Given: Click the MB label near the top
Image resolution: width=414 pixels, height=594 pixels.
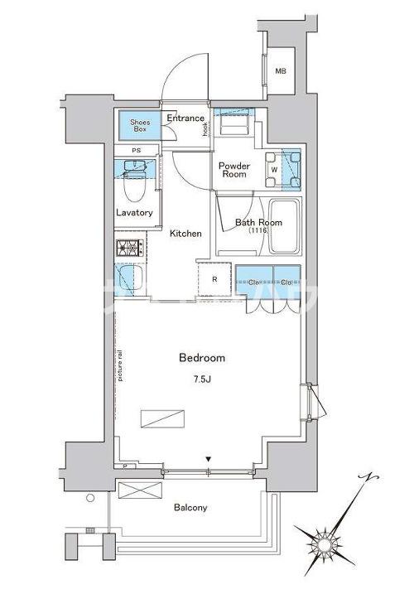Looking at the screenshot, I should click(x=282, y=71).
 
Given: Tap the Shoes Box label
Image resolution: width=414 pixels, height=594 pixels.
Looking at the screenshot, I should click(x=140, y=126).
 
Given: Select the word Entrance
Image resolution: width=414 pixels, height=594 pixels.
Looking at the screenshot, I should click(x=185, y=118).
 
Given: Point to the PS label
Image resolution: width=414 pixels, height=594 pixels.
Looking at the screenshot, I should click(x=137, y=151).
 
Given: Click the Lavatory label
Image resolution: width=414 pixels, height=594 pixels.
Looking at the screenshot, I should click(x=134, y=213).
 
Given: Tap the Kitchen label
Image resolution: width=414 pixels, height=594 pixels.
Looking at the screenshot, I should click(x=186, y=234).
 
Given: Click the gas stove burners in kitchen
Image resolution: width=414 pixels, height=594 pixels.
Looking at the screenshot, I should click(x=130, y=247).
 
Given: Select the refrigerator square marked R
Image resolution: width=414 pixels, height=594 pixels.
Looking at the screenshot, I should click(x=214, y=279).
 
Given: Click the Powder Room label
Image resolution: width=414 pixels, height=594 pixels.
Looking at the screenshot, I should click(x=233, y=170).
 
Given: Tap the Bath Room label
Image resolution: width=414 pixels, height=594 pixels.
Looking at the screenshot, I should click(x=258, y=222).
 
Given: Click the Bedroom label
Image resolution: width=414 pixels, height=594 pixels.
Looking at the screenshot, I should click(x=202, y=358).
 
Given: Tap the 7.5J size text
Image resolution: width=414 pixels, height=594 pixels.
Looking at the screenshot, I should click(x=202, y=379).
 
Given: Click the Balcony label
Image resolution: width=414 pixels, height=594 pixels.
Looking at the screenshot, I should click(x=190, y=507).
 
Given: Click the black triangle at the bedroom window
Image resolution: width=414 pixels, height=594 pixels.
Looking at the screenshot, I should click(x=209, y=458).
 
